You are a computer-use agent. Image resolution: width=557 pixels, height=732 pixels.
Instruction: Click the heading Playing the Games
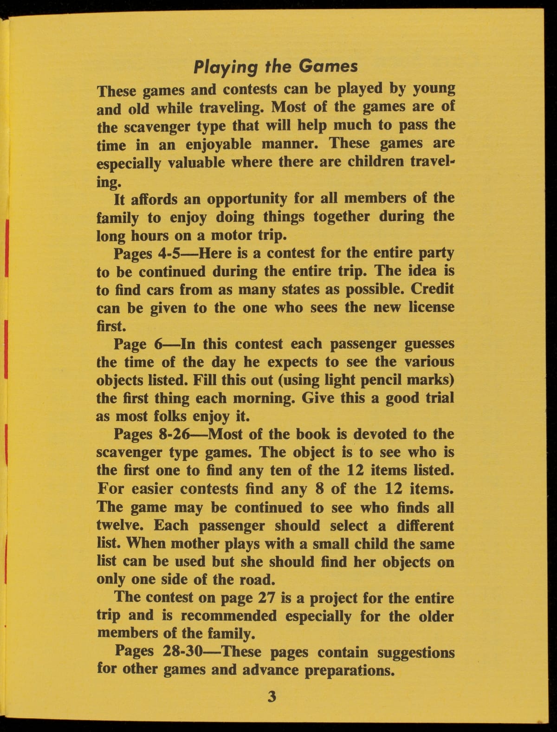point(276,66)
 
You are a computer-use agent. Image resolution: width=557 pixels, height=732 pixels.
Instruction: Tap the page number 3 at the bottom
point(272,696)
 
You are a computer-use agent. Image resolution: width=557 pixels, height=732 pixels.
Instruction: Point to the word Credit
point(432,289)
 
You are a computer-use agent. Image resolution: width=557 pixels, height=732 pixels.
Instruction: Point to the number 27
point(266,598)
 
